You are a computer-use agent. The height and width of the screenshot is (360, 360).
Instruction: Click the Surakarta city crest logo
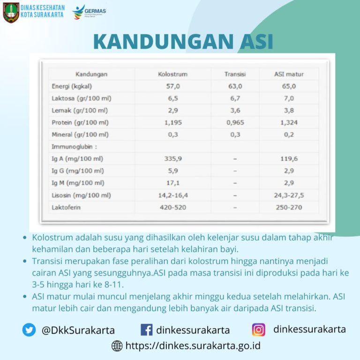click(x=11, y=12)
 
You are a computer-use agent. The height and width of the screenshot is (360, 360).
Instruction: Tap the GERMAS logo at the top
click(x=89, y=12)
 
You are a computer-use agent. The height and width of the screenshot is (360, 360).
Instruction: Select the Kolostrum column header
click(x=172, y=74)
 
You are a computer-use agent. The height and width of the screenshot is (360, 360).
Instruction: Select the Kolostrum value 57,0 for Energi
click(x=172, y=86)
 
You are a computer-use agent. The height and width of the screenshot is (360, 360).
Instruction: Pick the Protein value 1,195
click(x=172, y=123)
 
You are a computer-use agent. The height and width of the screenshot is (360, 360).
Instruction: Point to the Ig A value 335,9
click(x=172, y=159)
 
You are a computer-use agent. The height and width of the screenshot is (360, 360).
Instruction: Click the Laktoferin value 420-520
click(x=172, y=207)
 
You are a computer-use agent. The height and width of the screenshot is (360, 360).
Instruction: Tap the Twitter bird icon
click(x=29, y=330)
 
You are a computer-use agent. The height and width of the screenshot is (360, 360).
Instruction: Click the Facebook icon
click(x=146, y=330)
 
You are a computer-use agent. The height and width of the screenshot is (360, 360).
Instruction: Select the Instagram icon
click(x=258, y=330)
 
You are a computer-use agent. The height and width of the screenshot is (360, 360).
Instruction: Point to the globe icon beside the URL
click(x=117, y=346)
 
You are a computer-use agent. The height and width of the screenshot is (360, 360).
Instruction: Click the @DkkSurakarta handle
click(x=78, y=330)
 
